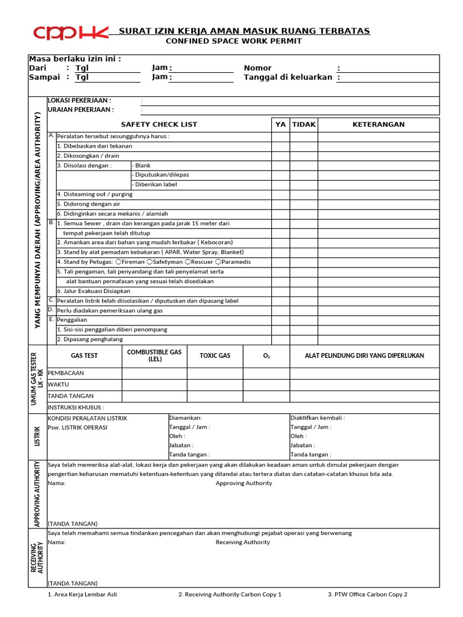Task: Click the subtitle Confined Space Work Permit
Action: (233, 41)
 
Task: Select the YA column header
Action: (280, 125)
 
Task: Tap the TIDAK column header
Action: (304, 125)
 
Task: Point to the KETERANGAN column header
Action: (378, 125)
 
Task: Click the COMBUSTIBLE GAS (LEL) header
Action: (155, 355)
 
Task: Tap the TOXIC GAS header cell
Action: (215, 356)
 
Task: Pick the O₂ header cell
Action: (266, 356)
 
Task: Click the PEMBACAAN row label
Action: (66, 373)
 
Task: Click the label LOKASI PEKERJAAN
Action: (80, 101)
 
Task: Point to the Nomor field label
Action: (257, 68)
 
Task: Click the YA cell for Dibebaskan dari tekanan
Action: (280, 146)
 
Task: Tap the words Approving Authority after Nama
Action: (244, 483)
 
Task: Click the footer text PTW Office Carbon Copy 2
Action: (368, 595)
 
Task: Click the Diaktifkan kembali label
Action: (318, 418)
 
